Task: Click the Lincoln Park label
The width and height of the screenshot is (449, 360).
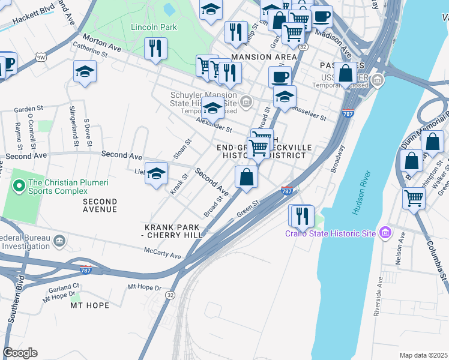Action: click(x=154, y=27)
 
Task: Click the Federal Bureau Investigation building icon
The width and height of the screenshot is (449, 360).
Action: click(x=59, y=241)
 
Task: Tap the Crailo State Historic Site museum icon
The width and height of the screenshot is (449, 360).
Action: click(x=385, y=233)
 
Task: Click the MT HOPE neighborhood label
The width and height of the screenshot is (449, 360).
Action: click(x=89, y=305)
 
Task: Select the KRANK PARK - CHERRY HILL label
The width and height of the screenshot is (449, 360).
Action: click(x=174, y=232)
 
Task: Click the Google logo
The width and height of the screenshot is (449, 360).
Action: click(x=20, y=353)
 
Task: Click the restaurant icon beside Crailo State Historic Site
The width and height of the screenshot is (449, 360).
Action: click(x=301, y=215)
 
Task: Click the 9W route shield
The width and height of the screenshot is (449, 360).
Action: click(x=41, y=58)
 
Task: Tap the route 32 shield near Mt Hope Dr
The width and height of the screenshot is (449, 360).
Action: click(x=170, y=295)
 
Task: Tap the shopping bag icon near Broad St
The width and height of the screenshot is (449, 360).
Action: click(x=246, y=177)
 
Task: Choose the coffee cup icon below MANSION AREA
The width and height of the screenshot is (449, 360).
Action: click(x=280, y=77)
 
